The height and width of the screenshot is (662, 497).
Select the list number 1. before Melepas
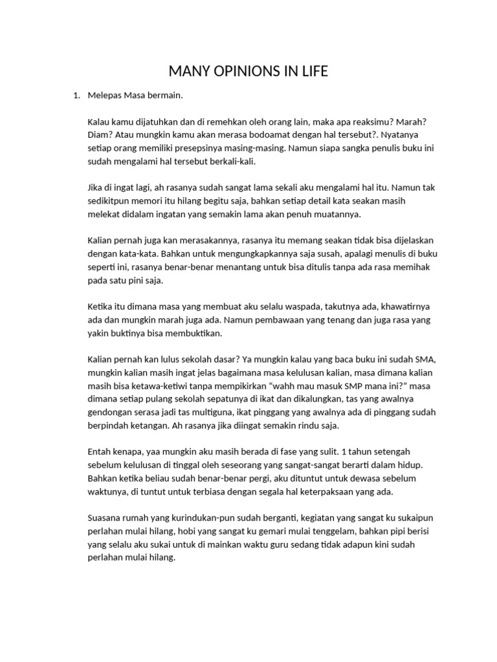tap(76, 96)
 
